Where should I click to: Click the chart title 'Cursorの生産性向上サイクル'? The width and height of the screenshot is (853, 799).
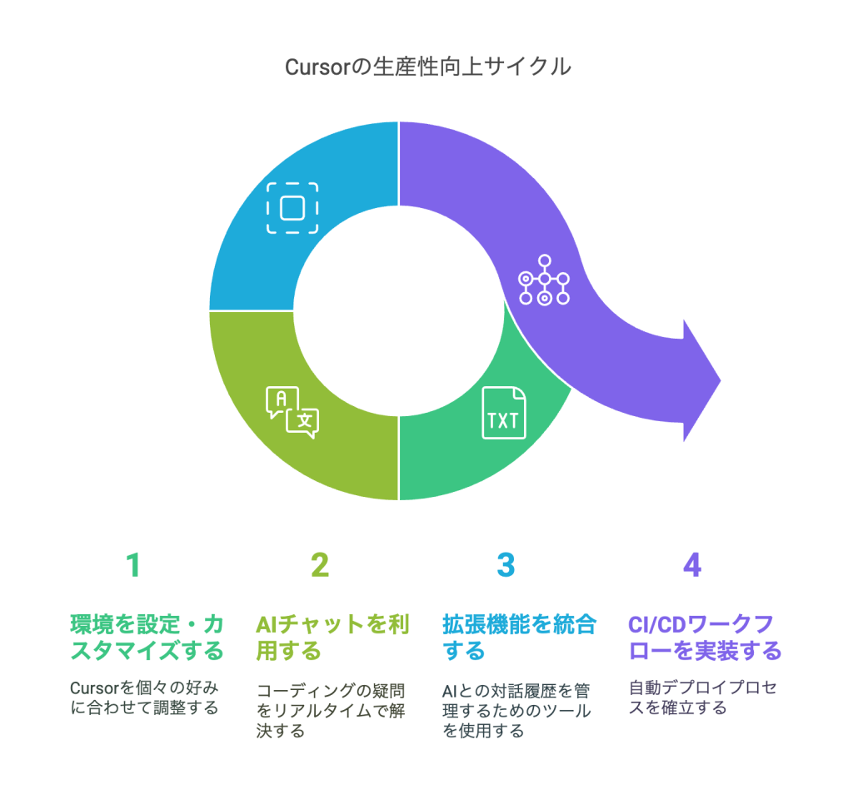click(427, 67)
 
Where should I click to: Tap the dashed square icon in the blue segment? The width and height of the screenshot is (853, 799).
click(292, 208)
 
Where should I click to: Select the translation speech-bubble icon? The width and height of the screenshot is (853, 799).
click(292, 412)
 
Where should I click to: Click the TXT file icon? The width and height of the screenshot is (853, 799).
click(504, 413)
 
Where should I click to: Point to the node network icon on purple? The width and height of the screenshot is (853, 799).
click(544, 280)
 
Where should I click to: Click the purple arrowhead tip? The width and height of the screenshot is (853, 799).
click(721, 380)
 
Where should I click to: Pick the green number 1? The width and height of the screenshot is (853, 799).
click(134, 565)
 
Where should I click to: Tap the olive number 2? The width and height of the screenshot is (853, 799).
click(320, 565)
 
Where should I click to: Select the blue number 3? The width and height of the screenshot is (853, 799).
click(506, 565)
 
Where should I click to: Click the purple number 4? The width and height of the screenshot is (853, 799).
click(692, 565)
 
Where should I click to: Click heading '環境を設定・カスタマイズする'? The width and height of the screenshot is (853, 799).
click(147, 638)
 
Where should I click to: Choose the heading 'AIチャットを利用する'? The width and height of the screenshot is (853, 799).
click(332, 638)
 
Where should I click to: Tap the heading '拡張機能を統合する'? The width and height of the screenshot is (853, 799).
click(519, 638)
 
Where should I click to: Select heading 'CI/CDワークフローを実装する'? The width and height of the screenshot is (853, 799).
click(705, 638)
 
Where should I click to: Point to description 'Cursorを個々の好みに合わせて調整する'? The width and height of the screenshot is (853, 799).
click(144, 698)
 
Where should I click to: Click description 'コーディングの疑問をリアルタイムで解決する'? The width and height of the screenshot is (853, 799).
click(331, 711)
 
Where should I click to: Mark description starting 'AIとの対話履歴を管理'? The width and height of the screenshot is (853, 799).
click(516, 711)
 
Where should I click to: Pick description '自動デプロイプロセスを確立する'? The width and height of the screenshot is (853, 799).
click(703, 698)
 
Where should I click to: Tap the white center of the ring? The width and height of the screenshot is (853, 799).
click(399, 311)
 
